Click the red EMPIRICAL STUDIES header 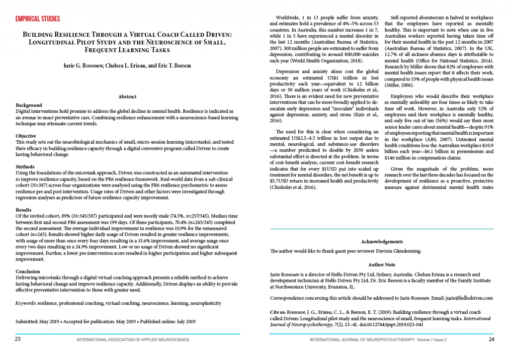pos(38,19)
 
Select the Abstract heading pos(128,97)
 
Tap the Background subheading pos(29,105)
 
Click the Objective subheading pos(26,136)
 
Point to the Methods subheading pos(26,167)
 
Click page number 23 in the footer pos(17,339)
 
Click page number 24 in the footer pos(491,339)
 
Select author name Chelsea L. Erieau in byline pos(121,66)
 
